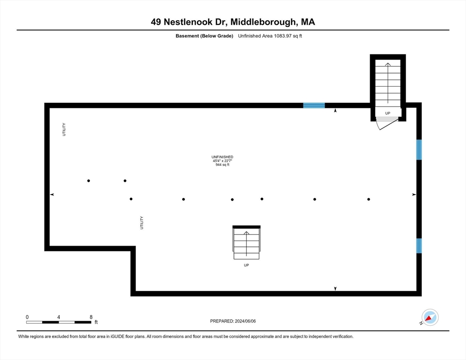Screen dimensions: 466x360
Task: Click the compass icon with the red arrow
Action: click(x=430, y=317)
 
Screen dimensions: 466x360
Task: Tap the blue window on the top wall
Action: click(x=314, y=105)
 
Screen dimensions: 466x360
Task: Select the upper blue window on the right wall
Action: click(x=419, y=150)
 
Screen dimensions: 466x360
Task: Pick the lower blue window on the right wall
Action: click(x=419, y=246)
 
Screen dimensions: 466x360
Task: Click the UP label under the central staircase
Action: click(x=247, y=265)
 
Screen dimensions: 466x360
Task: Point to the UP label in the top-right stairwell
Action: click(x=388, y=113)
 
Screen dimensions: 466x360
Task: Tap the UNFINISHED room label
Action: click(x=222, y=157)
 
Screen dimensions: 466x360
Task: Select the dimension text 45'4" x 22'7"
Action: click(x=222, y=161)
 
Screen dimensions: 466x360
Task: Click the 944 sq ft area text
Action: click(x=222, y=165)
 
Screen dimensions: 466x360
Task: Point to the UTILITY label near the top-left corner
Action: click(x=64, y=129)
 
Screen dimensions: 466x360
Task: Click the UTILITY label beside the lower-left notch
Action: click(x=142, y=223)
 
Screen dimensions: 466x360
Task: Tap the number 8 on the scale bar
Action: click(x=91, y=317)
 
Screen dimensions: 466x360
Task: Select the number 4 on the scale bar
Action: click(x=59, y=317)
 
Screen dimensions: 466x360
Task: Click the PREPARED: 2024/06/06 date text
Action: click(x=233, y=321)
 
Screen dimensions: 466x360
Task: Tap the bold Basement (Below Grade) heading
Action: click(x=204, y=36)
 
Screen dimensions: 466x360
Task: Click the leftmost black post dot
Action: click(x=89, y=181)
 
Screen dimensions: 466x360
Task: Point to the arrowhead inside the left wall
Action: click(x=52, y=195)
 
